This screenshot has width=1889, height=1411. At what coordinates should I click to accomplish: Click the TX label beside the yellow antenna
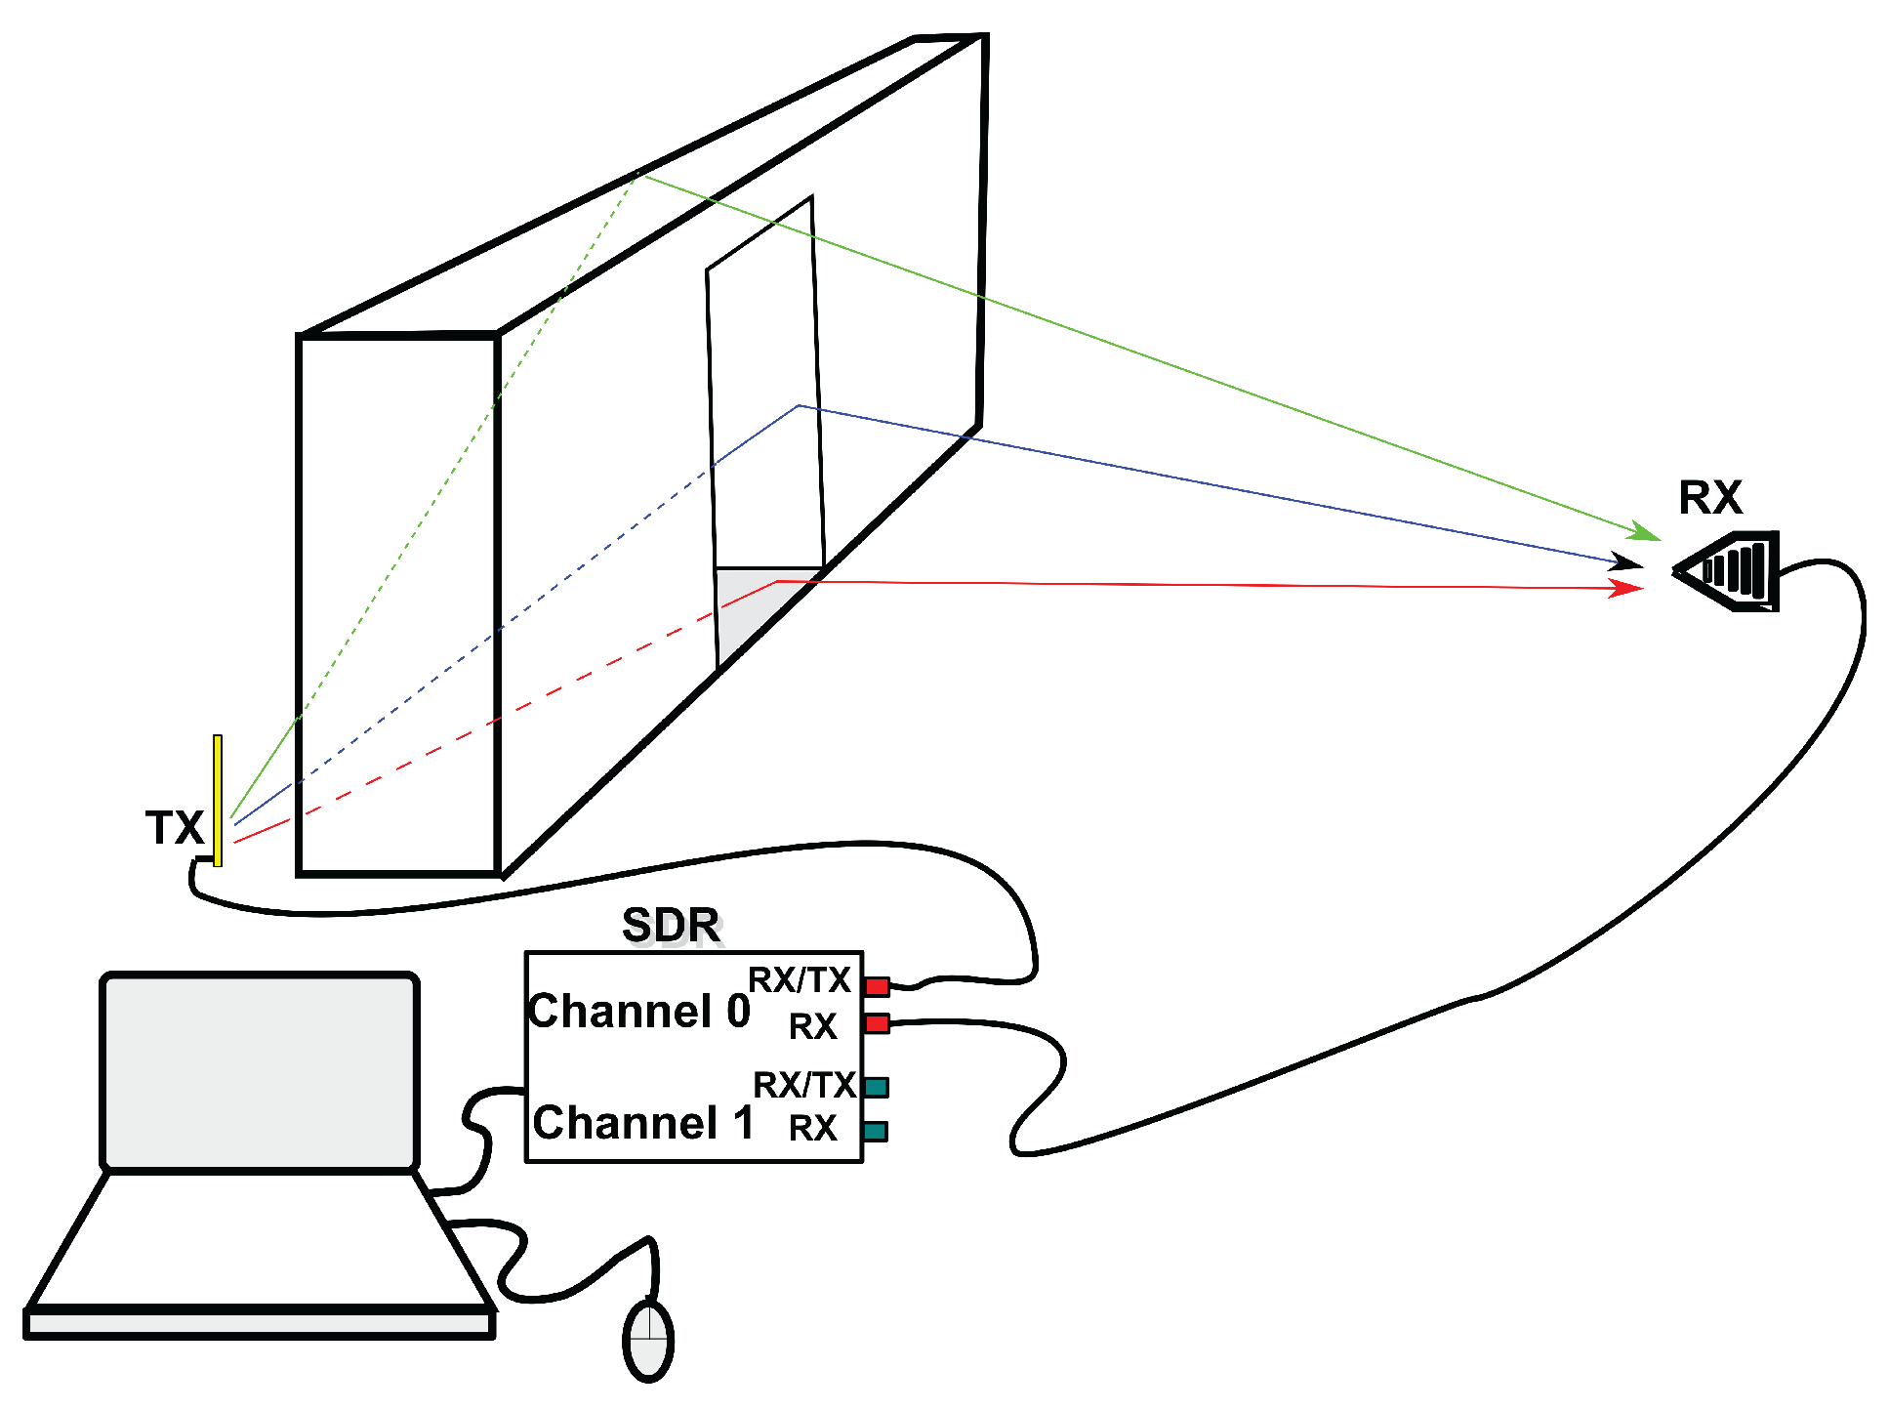tap(174, 827)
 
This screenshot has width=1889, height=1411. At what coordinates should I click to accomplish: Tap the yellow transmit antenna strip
tap(218, 801)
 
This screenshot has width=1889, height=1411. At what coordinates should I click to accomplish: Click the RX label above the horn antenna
tap(1709, 498)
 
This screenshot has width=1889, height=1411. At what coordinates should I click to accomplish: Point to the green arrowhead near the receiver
tap(1645, 533)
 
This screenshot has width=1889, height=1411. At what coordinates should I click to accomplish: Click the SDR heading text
tap(671, 925)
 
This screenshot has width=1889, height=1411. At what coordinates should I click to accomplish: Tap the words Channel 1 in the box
tap(643, 1123)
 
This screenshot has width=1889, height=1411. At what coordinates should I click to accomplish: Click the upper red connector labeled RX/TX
tap(877, 986)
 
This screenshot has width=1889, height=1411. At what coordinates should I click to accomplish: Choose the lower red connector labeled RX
tap(877, 1023)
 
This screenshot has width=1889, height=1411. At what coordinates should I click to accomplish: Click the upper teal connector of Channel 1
tap(876, 1087)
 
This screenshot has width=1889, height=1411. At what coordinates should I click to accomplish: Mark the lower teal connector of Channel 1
tap(875, 1131)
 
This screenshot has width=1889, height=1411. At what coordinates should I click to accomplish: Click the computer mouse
tap(648, 1340)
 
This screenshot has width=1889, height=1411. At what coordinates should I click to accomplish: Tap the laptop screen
tap(260, 1071)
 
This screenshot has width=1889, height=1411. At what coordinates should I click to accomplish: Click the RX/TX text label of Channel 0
tap(799, 979)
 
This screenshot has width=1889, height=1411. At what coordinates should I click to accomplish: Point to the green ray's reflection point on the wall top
tap(637, 174)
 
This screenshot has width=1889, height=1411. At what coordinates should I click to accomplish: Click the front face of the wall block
tap(398, 605)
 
